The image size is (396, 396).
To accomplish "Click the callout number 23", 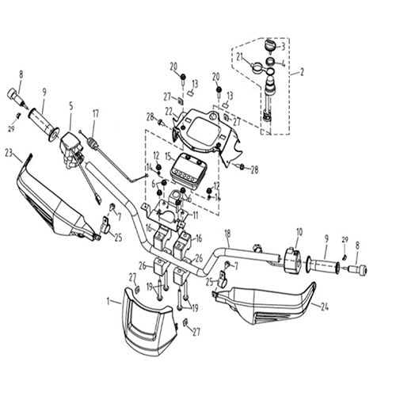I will [x=9, y=152].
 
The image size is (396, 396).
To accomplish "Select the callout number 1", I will [x=108, y=302].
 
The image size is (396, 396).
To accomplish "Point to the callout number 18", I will [x=227, y=234].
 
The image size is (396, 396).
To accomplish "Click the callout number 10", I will [x=299, y=232].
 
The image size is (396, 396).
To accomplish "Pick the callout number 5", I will [x=70, y=105].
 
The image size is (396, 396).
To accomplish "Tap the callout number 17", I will [x=94, y=112].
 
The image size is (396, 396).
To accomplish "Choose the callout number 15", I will [x=167, y=155].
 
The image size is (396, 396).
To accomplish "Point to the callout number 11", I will [x=196, y=215].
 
